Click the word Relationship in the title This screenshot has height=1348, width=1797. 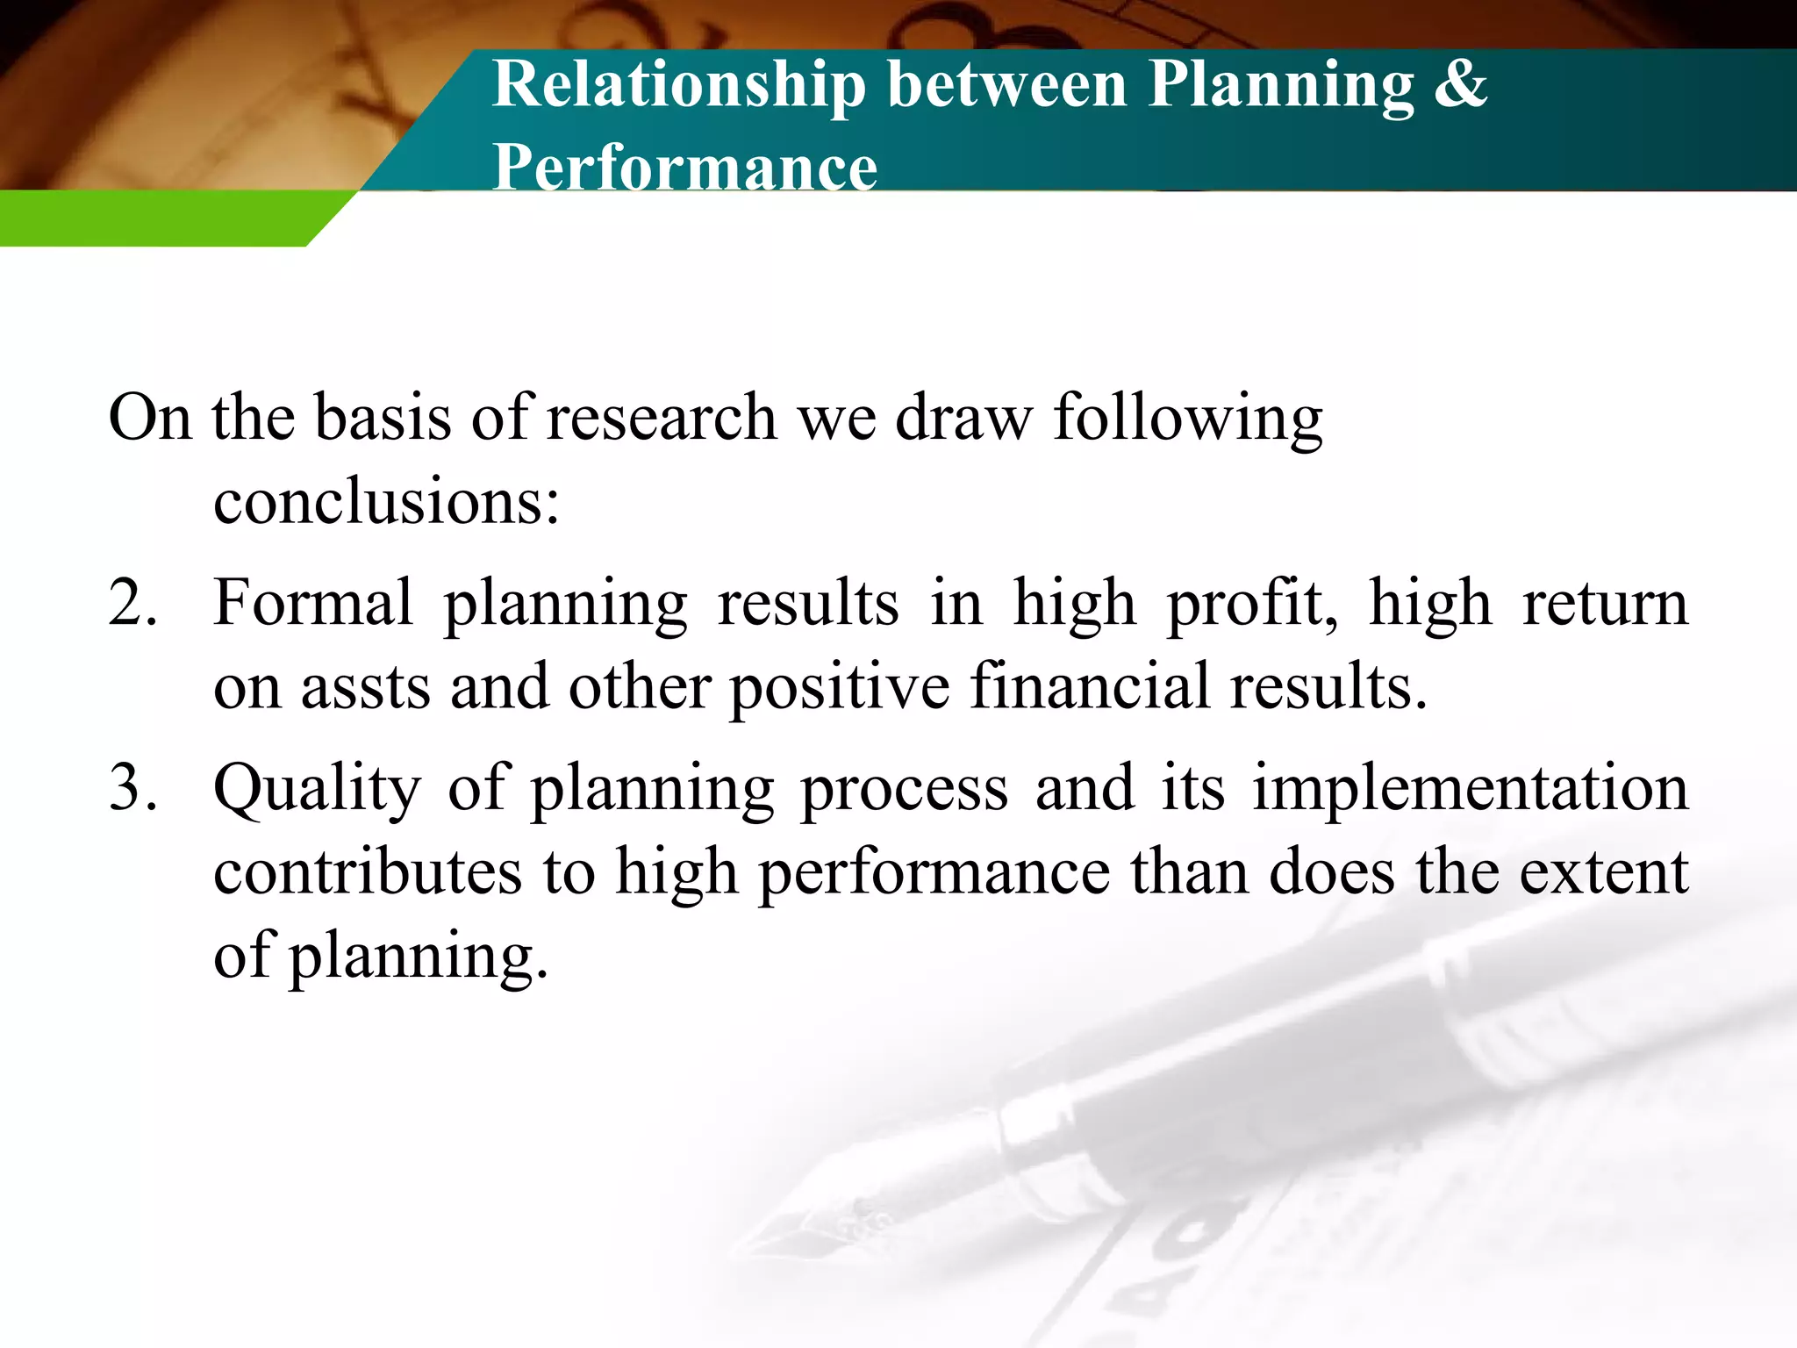tap(678, 85)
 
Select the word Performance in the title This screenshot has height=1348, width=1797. tap(684, 167)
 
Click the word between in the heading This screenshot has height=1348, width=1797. tap(1006, 85)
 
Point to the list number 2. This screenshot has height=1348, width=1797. tap(132, 604)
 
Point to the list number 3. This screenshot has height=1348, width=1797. tap(132, 788)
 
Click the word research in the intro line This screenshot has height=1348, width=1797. tap(662, 417)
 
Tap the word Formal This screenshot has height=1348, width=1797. tap(312, 604)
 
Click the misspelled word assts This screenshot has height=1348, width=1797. tap(365, 687)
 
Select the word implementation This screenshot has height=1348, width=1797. tap(1470, 788)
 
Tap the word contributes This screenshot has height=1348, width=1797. tap(368, 872)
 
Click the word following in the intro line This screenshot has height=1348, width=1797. tap(1187, 419)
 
